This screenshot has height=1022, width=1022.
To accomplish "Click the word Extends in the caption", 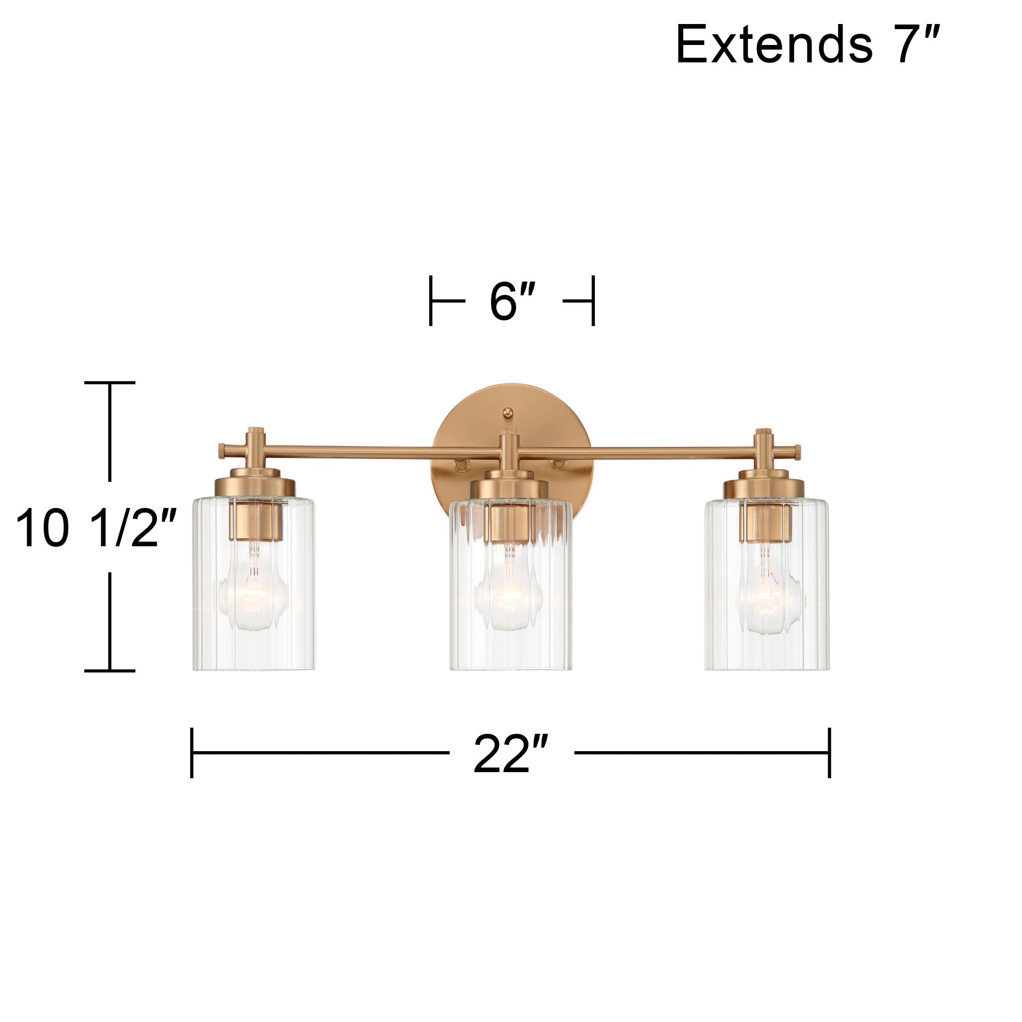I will coord(773,46).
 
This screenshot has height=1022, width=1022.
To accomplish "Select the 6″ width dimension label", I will coord(512,301).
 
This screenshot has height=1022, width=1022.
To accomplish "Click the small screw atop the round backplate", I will coord(508,411).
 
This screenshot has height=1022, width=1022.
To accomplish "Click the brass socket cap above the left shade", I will coord(254,484).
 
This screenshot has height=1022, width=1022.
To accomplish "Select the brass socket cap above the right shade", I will coord(764,484).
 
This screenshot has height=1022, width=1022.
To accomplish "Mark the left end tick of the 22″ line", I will coord(192,753).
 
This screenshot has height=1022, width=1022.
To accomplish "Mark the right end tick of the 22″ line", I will coord(829,753).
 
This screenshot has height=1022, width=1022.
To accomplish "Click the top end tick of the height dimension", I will coord(109,382).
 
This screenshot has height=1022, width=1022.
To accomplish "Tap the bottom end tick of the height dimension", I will coord(109,671).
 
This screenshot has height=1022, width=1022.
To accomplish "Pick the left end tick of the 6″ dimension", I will coord(431,301).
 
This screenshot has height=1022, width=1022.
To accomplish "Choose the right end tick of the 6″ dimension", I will coord(593,301).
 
